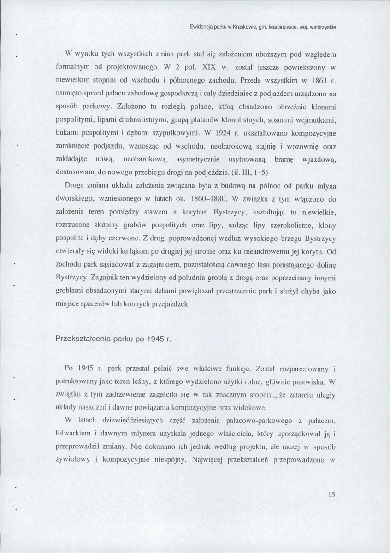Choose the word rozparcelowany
click(x=302, y=369)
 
